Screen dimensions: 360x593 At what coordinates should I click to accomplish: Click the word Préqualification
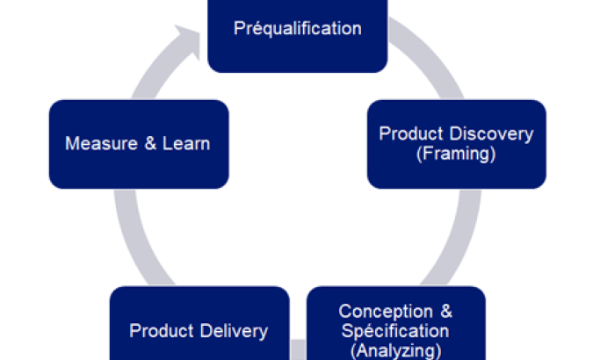(x=297, y=29)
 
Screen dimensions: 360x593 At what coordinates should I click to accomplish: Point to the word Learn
(x=188, y=143)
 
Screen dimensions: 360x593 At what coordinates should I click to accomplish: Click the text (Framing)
(x=455, y=153)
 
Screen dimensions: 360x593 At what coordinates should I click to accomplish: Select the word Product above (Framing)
(x=409, y=133)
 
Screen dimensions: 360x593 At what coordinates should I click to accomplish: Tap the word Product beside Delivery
(x=160, y=331)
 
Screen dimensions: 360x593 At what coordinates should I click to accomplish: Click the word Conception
(x=385, y=312)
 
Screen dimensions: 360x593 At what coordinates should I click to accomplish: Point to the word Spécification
(x=395, y=331)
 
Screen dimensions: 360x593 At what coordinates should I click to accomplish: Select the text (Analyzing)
(x=395, y=349)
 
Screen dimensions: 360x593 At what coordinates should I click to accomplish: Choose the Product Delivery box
(x=199, y=325)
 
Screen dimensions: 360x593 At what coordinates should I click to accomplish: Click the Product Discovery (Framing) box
(x=456, y=144)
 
